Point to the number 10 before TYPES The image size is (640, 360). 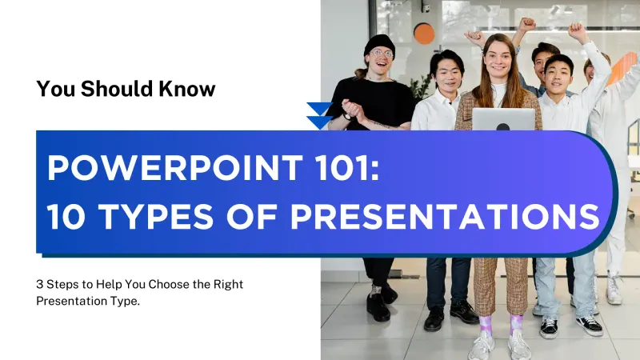pos(67,216)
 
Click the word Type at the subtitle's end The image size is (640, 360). pos(115,300)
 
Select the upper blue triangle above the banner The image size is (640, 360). pos(319,109)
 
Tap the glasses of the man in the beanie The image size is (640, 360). pos(381,54)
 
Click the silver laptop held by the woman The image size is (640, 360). pos(502,119)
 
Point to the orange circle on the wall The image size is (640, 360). pos(424,34)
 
